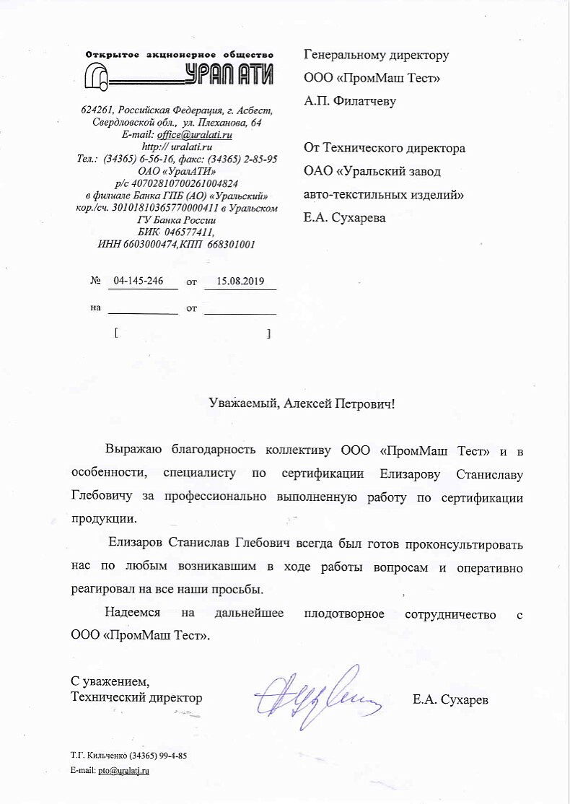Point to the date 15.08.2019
(x=240, y=282)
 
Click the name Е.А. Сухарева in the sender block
(x=344, y=217)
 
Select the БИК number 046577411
(x=189, y=232)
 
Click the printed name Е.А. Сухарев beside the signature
(x=450, y=699)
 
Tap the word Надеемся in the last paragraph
(x=133, y=614)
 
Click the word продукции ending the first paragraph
(x=102, y=519)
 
